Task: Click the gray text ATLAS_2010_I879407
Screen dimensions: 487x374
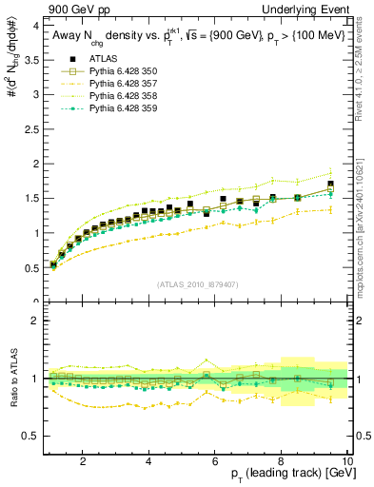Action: point(198,284)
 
